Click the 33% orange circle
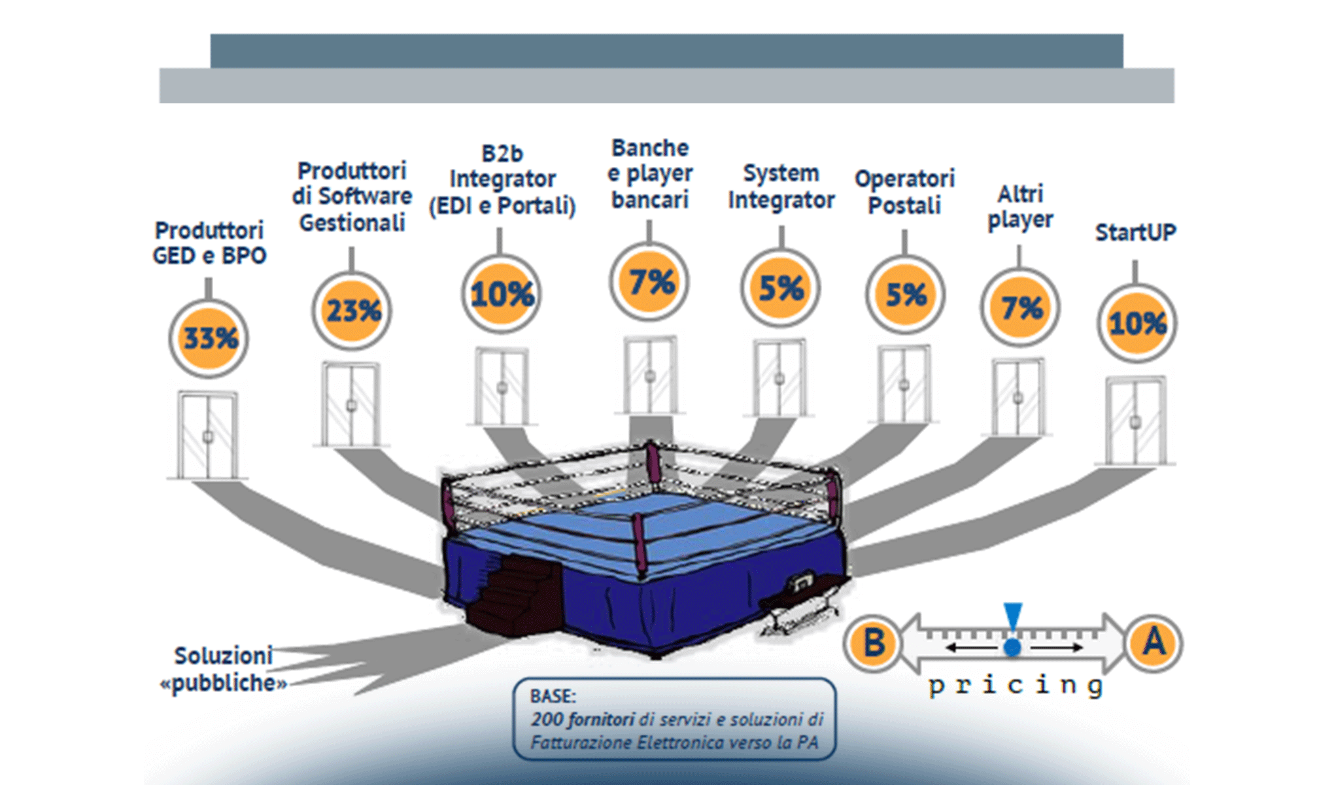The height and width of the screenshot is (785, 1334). click(x=209, y=338)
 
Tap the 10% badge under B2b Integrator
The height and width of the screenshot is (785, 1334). click(x=501, y=294)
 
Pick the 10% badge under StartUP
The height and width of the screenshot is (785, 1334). click(x=1137, y=323)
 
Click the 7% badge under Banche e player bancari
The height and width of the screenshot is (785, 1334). click(x=649, y=282)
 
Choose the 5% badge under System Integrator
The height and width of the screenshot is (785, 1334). click(x=780, y=288)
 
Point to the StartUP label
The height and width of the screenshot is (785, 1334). click(x=1135, y=232)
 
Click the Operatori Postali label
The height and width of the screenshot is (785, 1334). click(x=904, y=192)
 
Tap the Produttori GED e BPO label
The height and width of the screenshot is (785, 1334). click(x=209, y=243)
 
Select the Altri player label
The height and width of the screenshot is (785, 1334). click(x=1020, y=207)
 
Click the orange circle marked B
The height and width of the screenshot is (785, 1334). click(x=873, y=643)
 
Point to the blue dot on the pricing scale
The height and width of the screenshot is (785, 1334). click(x=1012, y=648)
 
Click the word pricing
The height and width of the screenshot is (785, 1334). click(x=1016, y=686)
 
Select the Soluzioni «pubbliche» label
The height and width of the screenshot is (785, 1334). click(x=224, y=669)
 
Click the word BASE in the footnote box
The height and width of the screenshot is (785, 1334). click(x=553, y=695)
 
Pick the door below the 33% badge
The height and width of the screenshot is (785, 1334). click(x=207, y=435)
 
